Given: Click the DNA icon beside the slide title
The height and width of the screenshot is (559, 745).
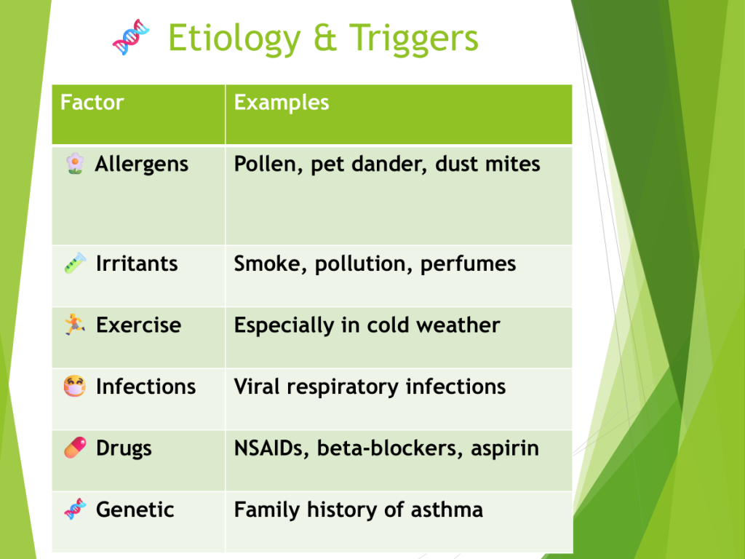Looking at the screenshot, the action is point(131,37).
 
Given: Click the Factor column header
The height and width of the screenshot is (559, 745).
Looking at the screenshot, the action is point(92,103).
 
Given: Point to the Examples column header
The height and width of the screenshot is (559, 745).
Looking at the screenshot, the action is point(282,103).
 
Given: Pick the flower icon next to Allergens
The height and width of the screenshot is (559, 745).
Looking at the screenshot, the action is point(75,164).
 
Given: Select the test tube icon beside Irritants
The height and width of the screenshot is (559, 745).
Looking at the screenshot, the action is point(75,263).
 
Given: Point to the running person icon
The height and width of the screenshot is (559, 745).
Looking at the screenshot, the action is point(75,324).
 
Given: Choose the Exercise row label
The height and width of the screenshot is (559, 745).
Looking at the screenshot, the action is point(138,325).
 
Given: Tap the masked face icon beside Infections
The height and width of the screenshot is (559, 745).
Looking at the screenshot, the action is point(75,386).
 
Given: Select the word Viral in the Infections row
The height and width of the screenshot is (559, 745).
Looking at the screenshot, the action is point(257,386).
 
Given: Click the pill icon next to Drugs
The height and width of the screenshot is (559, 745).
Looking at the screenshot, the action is point(75,448).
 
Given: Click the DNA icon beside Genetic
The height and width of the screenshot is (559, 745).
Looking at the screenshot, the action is point(75,509).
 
